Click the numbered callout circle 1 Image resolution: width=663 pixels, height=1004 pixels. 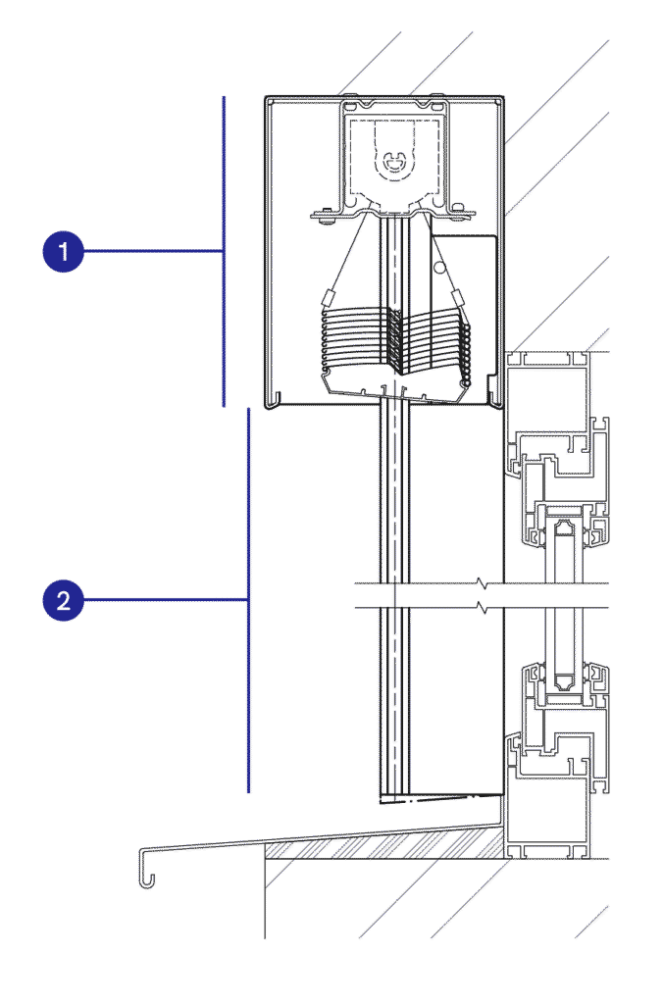tap(64, 251)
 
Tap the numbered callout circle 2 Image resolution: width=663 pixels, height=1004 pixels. tap(64, 600)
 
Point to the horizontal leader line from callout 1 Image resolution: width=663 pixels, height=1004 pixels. tap(154, 251)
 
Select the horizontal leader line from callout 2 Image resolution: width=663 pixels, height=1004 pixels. tap(166, 600)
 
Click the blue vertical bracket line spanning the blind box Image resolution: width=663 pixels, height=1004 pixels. tap(224, 251)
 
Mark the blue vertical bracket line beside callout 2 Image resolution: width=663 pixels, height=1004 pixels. tap(248, 600)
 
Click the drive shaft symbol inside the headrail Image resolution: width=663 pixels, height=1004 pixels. tap(393, 163)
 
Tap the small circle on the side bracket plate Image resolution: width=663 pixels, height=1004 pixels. tap(438, 265)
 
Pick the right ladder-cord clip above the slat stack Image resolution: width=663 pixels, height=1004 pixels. tap(457, 297)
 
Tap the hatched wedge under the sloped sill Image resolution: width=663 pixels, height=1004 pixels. tap(384, 844)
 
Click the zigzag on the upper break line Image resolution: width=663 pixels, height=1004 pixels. tap(482, 583)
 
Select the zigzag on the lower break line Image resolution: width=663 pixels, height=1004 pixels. tap(482, 606)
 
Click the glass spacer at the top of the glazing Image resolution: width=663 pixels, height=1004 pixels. tap(564, 528)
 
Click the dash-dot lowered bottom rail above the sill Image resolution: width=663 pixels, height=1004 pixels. tap(440, 798)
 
